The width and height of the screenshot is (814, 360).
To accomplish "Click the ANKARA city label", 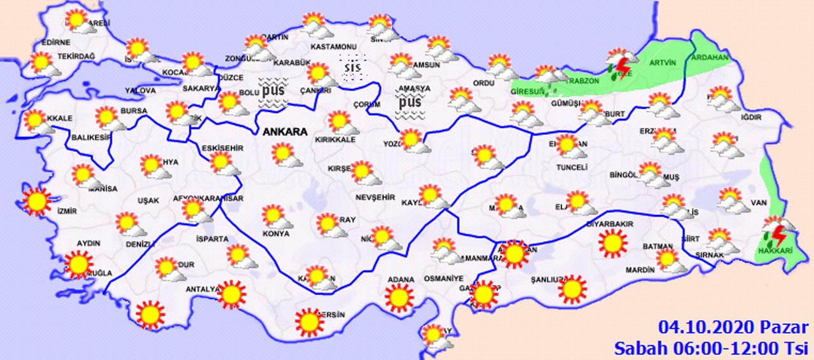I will tap(285, 132).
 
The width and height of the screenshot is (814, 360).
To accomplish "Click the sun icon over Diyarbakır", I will tap(612, 244).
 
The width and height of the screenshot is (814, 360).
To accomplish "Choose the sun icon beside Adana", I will tap(399, 297).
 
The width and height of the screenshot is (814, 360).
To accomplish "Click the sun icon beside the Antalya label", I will tap(230, 294).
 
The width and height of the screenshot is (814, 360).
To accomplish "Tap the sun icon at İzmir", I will tap(37, 202).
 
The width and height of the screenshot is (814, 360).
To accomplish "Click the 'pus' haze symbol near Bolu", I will tap(273, 90).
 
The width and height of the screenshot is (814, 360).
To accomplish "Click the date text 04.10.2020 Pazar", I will tap(731, 328).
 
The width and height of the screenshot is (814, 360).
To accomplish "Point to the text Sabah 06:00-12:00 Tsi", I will tap(711, 348).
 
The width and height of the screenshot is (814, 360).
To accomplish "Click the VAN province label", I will tap(759, 203).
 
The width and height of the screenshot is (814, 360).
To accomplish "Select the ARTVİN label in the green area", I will tap(661, 62).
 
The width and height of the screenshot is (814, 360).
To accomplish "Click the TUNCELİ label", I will tap(570, 167).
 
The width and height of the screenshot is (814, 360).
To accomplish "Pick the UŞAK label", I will tap(148, 201).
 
